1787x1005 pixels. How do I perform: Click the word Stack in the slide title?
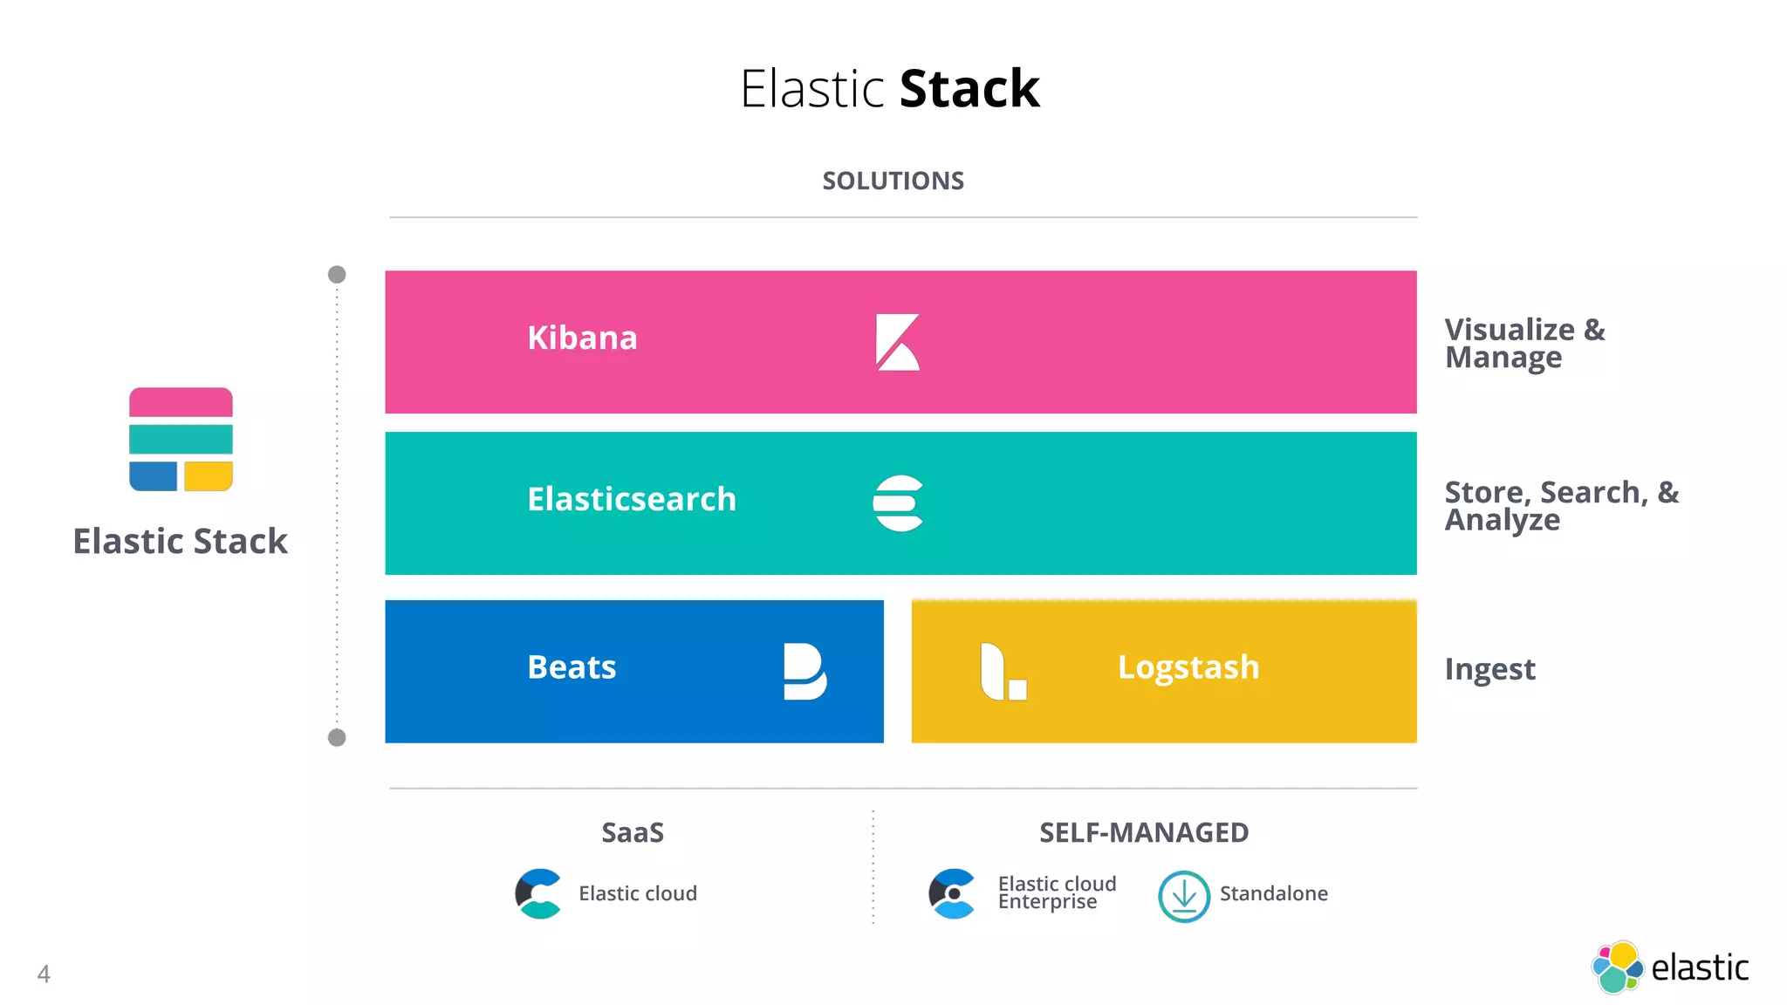[x=969, y=89]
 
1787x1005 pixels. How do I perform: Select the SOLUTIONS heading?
[x=893, y=181]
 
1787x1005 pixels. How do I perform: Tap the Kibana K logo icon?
[x=897, y=342]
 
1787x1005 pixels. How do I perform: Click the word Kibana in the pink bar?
[x=582, y=338]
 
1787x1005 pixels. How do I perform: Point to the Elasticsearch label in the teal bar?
[x=632, y=499]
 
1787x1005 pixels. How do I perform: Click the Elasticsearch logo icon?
[x=898, y=503]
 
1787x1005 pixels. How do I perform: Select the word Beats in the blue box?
[x=572, y=667]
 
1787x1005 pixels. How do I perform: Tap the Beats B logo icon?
[x=804, y=672]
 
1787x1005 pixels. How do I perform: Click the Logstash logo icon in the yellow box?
[x=1003, y=672]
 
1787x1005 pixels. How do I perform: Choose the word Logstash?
[x=1188, y=667]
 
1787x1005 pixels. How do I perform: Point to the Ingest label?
[x=1489, y=669]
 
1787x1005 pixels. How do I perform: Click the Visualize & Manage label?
[x=1523, y=344]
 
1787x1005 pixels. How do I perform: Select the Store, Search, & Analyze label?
[x=1560, y=505]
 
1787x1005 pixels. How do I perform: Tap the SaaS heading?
[x=633, y=832]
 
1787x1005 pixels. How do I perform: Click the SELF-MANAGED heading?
[x=1144, y=832]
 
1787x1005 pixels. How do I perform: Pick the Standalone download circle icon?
[x=1183, y=896]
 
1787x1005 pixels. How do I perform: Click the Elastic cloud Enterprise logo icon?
[x=952, y=893]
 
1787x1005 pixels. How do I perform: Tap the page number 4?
[x=44, y=974]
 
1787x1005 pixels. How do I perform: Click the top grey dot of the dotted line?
[x=337, y=275]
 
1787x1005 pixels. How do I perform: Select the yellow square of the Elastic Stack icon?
[x=209, y=476]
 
